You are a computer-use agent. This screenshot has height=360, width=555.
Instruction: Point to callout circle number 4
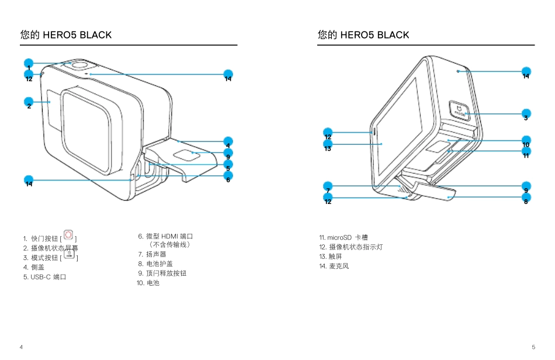pyautogui.click(x=228, y=141)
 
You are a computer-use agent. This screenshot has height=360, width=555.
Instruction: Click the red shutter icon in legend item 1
pyautogui.click(x=68, y=235)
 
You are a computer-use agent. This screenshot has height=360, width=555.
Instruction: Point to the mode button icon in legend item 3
pyautogui.click(x=68, y=254)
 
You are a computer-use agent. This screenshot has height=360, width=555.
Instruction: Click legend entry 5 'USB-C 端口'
pyautogui.click(x=44, y=277)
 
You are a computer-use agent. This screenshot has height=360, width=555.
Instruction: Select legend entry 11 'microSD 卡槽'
pyautogui.click(x=344, y=238)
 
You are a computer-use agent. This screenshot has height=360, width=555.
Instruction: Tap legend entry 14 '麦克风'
pyautogui.click(x=334, y=266)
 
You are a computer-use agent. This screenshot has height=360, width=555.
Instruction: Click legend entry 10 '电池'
pyautogui.click(x=148, y=283)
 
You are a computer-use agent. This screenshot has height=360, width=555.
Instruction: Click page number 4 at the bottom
pyautogui.click(x=22, y=347)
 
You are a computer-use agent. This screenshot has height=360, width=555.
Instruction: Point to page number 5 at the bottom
pyautogui.click(x=533, y=347)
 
